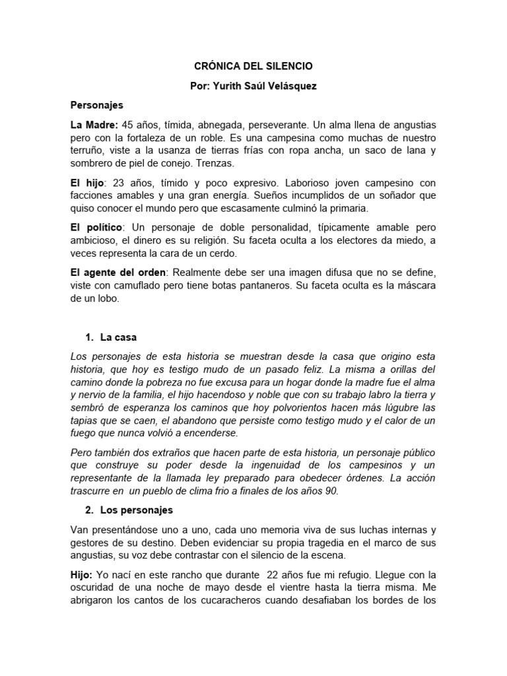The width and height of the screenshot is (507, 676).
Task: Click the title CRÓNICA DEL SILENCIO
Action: click(x=253, y=67)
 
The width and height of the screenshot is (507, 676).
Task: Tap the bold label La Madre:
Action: click(x=95, y=125)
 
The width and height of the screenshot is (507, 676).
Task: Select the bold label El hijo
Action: click(x=86, y=183)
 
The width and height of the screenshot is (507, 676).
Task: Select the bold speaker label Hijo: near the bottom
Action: click(x=83, y=574)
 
